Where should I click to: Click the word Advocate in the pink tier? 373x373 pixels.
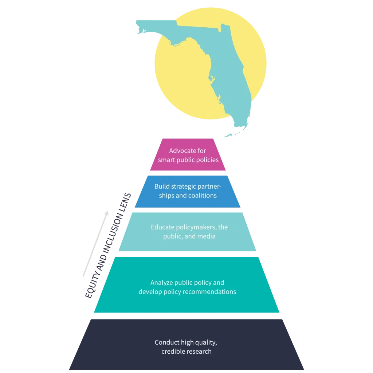(180, 150)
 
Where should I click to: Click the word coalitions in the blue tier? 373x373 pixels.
(202, 195)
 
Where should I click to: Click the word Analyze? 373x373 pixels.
(161, 283)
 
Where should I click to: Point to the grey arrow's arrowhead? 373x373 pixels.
(107, 213)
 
